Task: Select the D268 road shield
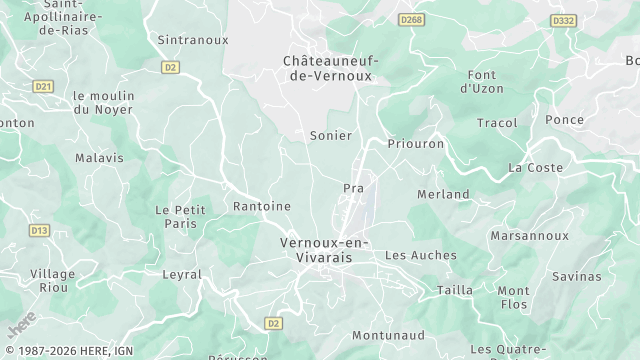coord(410,19)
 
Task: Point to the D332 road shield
coord(563,19)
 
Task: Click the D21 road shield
coord(42,87)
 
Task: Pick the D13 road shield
coord(39,230)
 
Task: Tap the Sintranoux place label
coord(193,40)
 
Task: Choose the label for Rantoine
coord(261,206)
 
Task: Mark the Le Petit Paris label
coord(175,217)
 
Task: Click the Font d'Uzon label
coord(488,82)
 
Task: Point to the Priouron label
coord(415,144)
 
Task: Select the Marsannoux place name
coord(530,236)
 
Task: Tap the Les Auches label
coord(420,255)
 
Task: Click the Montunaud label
coord(390,337)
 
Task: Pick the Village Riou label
coord(53,281)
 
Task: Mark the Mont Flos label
coord(513,297)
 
